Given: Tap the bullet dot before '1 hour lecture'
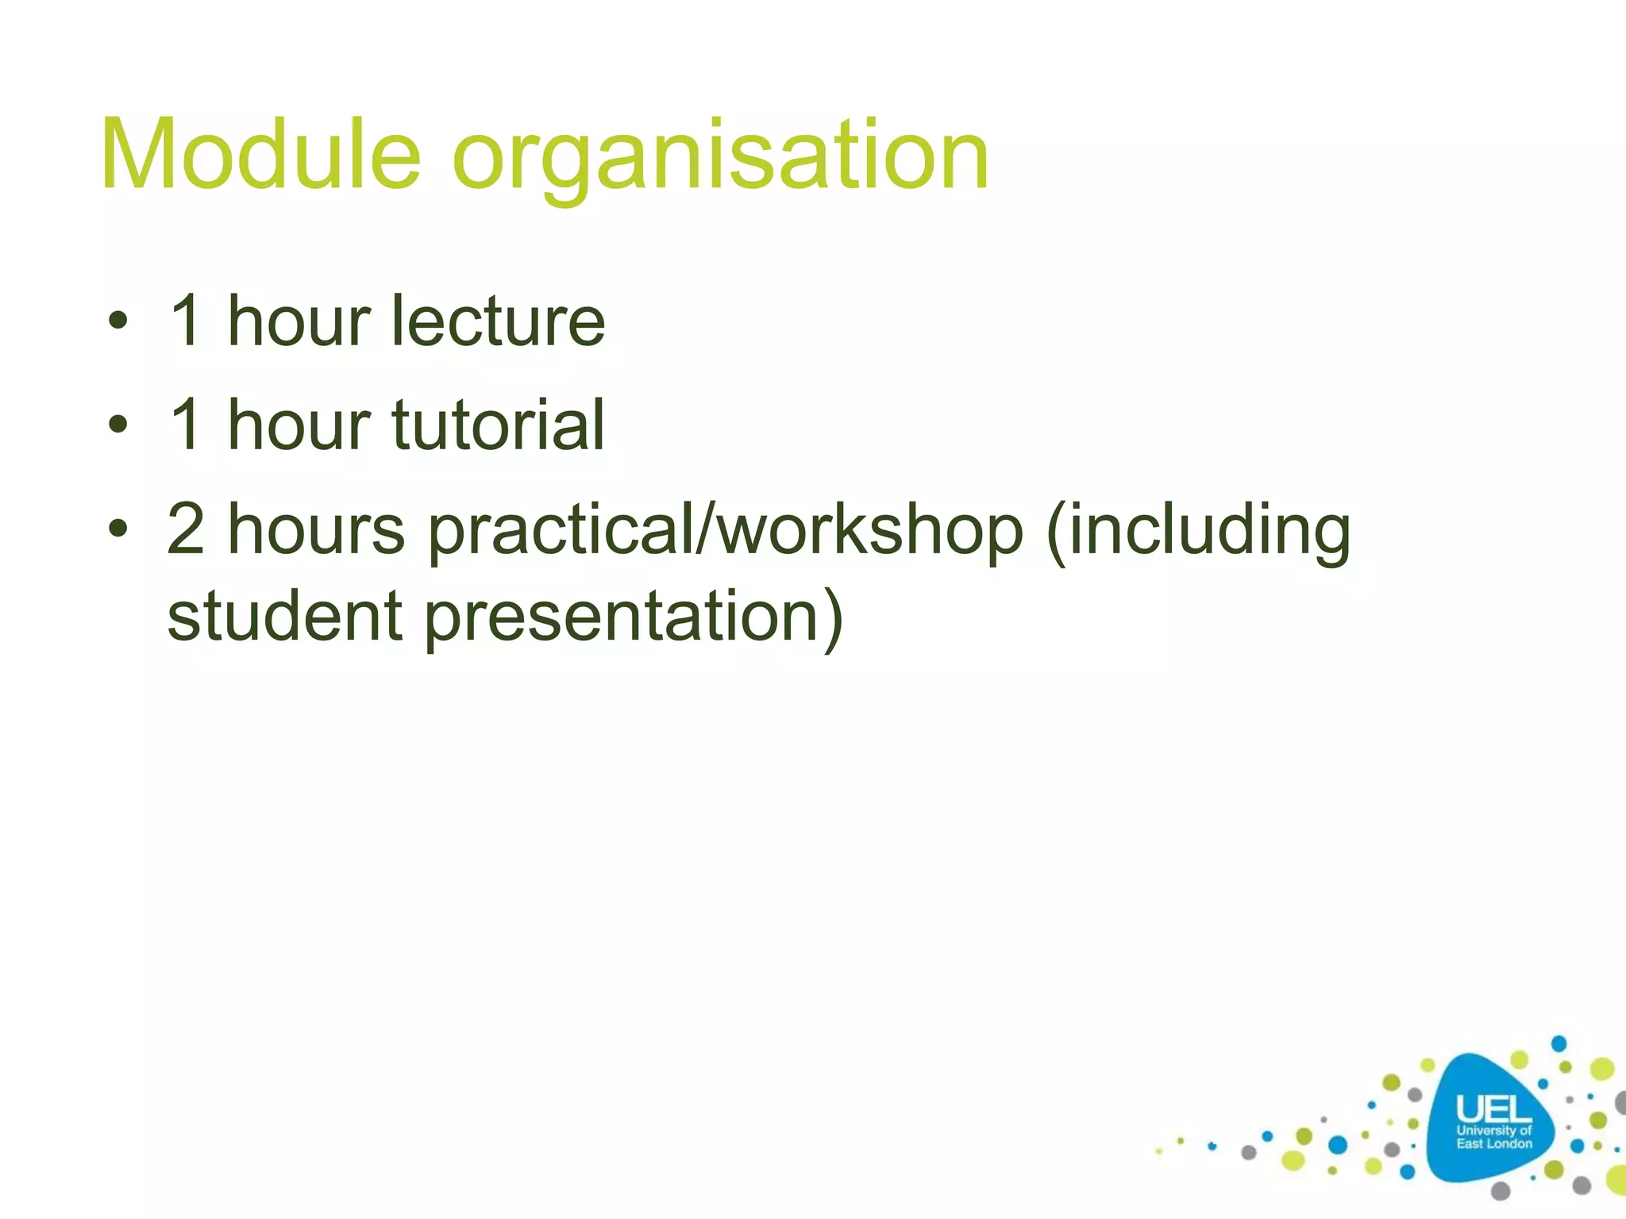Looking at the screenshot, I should coord(118,321).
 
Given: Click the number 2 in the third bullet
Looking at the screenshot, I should coord(186,529).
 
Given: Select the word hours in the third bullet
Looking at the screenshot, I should coord(316,529).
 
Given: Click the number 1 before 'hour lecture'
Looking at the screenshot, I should coord(187,321).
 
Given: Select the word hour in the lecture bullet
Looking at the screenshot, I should coord(299,321).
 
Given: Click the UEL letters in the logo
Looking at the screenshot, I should coord(1493,1109).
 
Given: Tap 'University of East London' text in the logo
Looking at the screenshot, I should coord(1493,1137).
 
